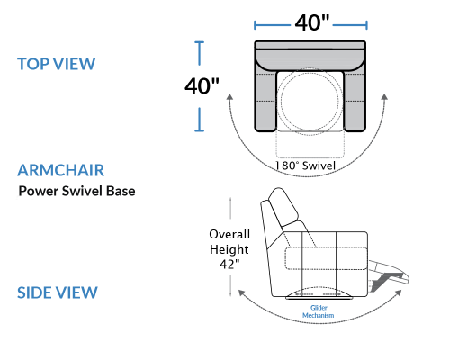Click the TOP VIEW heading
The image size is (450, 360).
[57, 64]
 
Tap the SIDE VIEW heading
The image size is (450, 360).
[58, 292]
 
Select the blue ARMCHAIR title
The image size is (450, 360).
[61, 170]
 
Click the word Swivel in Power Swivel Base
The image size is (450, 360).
[83, 191]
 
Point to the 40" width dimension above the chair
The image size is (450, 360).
[312, 22]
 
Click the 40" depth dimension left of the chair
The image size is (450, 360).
[202, 86]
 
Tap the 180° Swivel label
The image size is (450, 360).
[305, 166]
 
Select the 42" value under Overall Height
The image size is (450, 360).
[229, 265]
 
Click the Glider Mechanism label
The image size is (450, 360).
[319, 311]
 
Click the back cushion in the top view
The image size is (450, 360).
[310, 57]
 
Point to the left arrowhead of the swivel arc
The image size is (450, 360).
[229, 96]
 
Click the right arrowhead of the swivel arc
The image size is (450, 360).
[384, 97]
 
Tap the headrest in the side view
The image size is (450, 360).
[283, 207]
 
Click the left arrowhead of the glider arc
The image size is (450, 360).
[241, 292]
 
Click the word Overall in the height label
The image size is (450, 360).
[229, 234]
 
